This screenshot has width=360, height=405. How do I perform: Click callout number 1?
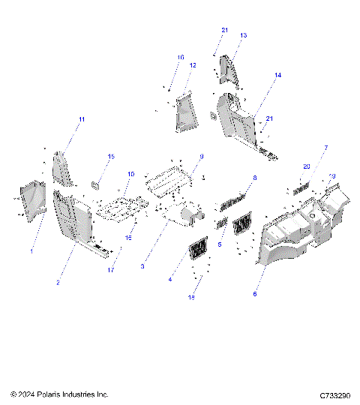[31, 251]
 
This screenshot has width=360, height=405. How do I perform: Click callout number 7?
[325, 148]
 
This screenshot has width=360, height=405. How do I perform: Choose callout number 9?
[202, 156]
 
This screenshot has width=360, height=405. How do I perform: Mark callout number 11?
[82, 120]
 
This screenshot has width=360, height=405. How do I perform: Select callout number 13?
[243, 35]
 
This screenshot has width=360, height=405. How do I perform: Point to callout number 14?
[277, 76]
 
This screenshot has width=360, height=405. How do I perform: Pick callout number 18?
[198, 298]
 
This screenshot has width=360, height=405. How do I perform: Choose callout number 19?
[332, 177]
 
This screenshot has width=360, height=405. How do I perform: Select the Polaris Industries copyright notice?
[60, 394]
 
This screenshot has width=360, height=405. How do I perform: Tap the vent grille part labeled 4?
[198, 248]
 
